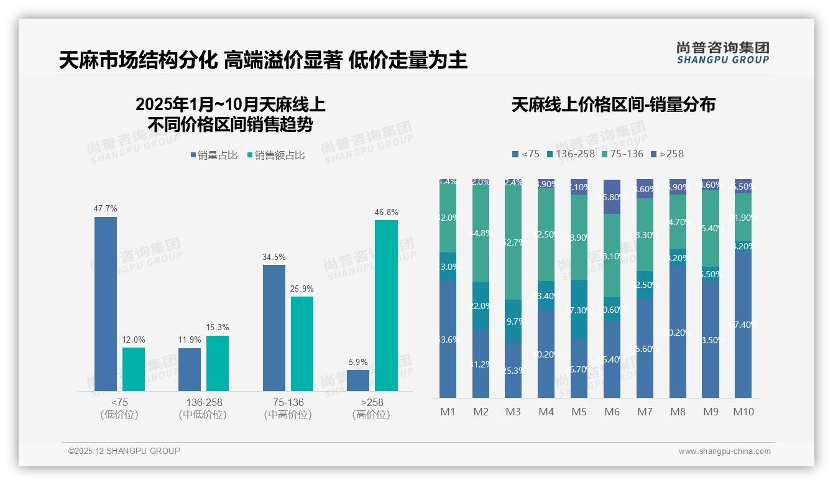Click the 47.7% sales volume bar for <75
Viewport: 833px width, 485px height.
[x=106, y=303]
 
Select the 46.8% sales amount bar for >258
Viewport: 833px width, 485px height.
[x=386, y=305]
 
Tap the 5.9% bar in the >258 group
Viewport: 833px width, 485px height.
[x=358, y=381]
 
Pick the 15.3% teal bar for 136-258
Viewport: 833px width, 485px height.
[x=218, y=363]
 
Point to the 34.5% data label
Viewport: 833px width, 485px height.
[x=274, y=257]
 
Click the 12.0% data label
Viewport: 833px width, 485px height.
[x=133, y=339]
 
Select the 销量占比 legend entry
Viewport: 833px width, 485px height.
[x=214, y=155]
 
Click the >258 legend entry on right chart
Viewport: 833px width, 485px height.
[x=667, y=154]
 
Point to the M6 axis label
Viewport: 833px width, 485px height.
[x=612, y=412]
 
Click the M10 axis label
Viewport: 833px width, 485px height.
[x=743, y=412]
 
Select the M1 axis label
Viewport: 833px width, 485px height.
[x=448, y=412]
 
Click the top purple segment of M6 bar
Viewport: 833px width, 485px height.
[x=612, y=196]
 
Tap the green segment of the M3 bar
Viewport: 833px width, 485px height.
[x=513, y=242]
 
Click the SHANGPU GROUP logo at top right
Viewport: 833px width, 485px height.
[x=722, y=52]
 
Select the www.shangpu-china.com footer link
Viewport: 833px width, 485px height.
[x=724, y=451]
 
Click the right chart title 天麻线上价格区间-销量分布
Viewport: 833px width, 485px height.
[x=613, y=104]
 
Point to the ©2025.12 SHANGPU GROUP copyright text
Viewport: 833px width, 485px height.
[x=124, y=451]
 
